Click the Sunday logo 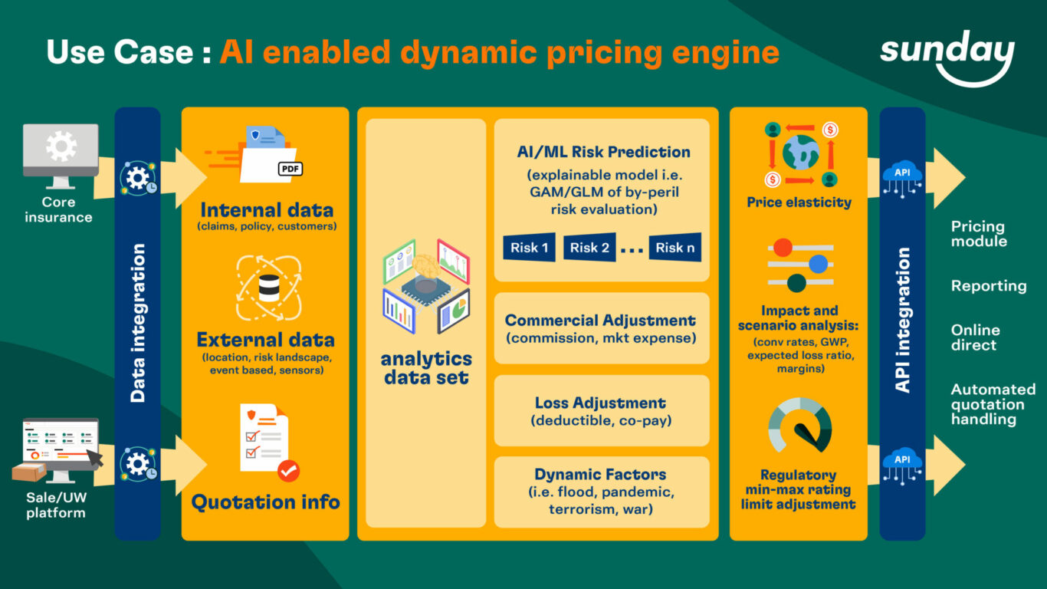(x=947, y=55)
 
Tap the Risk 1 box (x=529, y=248)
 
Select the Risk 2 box (x=589, y=248)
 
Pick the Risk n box (x=675, y=248)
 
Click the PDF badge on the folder (x=290, y=169)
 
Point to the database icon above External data (x=268, y=287)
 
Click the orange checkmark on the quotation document (x=288, y=470)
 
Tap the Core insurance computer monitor (x=61, y=151)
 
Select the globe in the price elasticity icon (x=800, y=152)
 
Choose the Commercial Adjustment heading (x=600, y=321)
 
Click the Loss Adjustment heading (x=600, y=403)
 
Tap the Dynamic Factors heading (x=600, y=475)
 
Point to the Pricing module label (x=978, y=234)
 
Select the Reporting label (x=988, y=286)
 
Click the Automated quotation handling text (x=993, y=404)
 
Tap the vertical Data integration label (x=138, y=323)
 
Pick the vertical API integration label (x=903, y=321)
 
